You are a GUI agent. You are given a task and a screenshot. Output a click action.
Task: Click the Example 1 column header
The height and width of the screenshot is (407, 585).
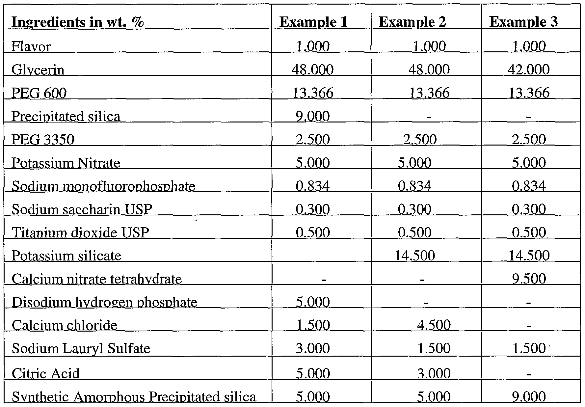tap(313, 22)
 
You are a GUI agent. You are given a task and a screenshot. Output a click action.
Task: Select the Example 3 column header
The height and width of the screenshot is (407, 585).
tap(523, 22)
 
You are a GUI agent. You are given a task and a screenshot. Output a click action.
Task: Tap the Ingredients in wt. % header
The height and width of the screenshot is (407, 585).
tap(78, 22)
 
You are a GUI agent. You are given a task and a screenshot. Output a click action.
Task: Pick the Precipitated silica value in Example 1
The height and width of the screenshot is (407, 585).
tap(313, 117)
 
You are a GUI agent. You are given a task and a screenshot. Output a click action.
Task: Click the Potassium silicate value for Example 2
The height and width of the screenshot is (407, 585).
tap(414, 256)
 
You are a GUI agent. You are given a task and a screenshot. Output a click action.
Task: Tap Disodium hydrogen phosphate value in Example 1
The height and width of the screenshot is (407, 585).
tap(313, 302)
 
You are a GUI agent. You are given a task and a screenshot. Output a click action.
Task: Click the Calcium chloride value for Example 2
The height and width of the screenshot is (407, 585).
tap(434, 325)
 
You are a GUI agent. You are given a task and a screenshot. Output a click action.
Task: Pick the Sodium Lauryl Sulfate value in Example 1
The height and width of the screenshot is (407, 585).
tap(313, 348)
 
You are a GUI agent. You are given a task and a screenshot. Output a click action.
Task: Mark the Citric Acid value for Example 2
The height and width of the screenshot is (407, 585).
tap(434, 373)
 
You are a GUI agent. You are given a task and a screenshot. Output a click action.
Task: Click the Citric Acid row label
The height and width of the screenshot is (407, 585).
tap(46, 373)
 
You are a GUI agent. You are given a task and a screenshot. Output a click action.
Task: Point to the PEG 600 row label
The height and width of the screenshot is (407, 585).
tap(39, 93)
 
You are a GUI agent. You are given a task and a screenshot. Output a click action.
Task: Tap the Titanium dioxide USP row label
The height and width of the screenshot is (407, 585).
tap(80, 233)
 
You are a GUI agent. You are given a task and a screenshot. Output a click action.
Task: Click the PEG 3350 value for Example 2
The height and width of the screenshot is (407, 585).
tap(420, 140)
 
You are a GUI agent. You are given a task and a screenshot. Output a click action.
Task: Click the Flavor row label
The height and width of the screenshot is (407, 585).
tap(31, 46)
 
